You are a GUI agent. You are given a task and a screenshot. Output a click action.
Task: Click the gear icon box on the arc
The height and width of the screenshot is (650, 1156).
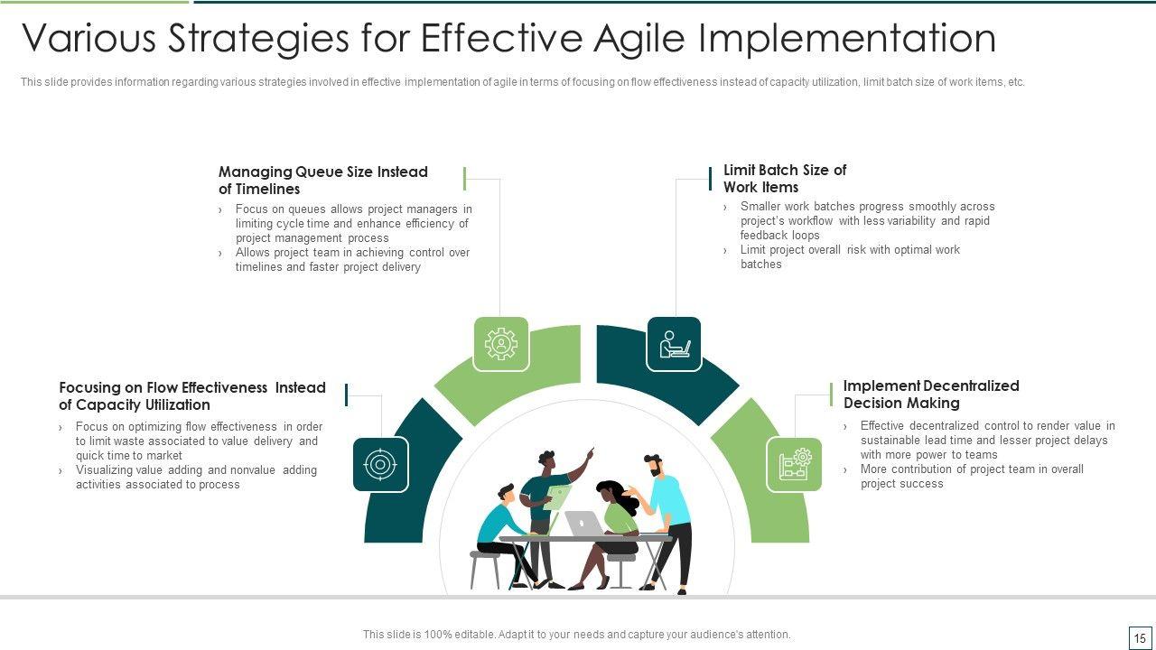tap(500, 344)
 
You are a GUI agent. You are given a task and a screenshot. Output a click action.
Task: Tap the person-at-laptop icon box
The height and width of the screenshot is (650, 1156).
tap(674, 344)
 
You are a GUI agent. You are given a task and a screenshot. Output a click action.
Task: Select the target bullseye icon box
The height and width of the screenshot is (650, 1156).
tap(381, 464)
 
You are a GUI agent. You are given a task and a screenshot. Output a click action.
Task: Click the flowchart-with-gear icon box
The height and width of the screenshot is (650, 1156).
tap(794, 464)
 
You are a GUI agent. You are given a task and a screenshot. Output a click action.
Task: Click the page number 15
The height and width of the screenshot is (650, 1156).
tap(1140, 638)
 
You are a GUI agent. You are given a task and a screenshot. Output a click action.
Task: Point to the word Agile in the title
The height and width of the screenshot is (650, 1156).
tap(639, 38)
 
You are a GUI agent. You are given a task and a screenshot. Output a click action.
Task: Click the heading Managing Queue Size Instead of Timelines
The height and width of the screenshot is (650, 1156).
tap(323, 180)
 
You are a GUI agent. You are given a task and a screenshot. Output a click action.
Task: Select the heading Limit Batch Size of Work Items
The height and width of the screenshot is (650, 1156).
tap(785, 178)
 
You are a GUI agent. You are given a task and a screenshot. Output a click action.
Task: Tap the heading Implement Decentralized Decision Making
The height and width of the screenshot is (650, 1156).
tap(931, 395)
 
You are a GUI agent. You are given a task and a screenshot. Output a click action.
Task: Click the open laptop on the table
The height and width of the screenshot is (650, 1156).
tap(583, 523)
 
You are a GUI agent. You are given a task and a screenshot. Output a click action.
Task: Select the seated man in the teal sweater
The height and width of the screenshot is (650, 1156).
tap(509, 536)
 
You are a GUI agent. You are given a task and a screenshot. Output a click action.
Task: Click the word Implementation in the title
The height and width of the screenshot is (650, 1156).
tap(847, 38)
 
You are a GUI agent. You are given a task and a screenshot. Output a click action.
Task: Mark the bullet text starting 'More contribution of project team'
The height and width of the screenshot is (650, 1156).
tap(972, 476)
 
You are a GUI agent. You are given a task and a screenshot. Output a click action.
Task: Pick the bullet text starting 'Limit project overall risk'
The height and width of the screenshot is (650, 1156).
tap(850, 256)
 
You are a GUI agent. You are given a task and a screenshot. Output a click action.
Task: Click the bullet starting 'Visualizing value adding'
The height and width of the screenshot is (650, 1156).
tap(196, 477)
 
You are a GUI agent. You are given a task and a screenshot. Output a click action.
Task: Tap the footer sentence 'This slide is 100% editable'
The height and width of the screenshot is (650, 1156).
tap(576, 634)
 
